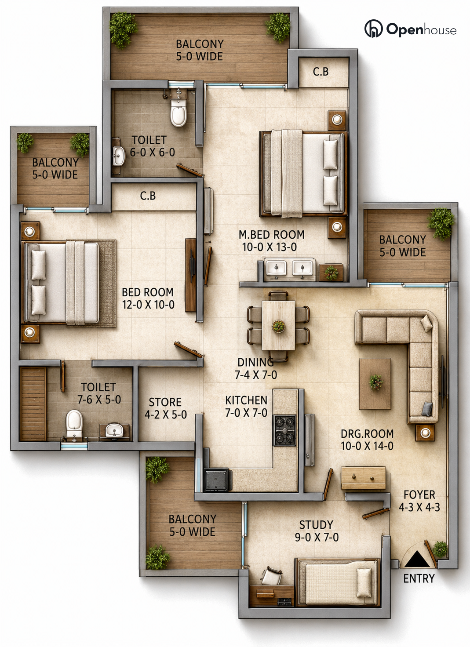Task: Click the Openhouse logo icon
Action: pos(373,29)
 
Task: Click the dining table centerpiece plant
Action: pos(278,326)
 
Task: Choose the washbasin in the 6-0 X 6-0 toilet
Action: pos(119,156)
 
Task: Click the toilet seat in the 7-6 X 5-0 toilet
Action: pos(74,424)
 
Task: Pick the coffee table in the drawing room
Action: pos(375,384)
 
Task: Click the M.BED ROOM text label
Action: pos(272,235)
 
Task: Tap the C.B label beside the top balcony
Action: pos(321,72)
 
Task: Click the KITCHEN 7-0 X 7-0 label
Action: pos(246,407)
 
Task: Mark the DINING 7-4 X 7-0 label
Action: pos(255,368)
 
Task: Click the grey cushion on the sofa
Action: pos(427,409)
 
